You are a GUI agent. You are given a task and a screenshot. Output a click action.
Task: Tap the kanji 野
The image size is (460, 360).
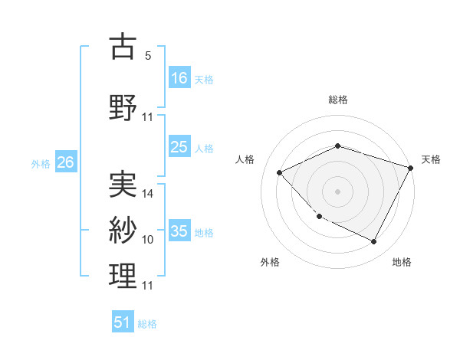point(123,106)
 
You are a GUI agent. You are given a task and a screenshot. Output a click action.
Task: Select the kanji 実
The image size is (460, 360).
point(123,183)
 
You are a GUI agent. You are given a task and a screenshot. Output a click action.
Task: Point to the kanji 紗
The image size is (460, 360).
point(123,229)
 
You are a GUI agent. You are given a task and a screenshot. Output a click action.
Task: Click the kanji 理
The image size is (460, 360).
point(123,275)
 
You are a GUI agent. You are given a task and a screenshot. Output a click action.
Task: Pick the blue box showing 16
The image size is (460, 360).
point(179,77)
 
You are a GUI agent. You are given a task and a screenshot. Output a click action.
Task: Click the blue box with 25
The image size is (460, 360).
point(179,147)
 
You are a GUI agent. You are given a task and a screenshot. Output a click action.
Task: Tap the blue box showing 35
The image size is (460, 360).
point(179,231)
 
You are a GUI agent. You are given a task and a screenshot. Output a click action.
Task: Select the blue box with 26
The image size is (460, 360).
point(65,162)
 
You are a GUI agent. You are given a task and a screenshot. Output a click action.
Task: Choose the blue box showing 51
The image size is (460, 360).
point(123,322)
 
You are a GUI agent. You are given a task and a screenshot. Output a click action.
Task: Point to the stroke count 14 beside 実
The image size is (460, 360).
point(148,194)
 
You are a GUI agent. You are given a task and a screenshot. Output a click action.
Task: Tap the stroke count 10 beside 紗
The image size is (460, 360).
point(148,240)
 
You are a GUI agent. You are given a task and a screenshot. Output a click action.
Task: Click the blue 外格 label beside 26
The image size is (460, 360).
point(41,163)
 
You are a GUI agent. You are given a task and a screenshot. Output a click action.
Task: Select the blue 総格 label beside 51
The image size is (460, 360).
point(147,324)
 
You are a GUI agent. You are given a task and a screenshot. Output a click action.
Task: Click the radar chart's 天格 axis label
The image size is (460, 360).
point(431,159)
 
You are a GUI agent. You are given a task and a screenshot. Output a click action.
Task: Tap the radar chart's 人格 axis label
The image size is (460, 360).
point(245,159)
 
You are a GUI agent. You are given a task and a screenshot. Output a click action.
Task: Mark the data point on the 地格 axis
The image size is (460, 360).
point(374,242)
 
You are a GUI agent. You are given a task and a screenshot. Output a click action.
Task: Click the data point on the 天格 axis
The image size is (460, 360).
point(412,168)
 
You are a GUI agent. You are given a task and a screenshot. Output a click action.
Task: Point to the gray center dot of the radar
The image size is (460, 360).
point(337,191)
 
